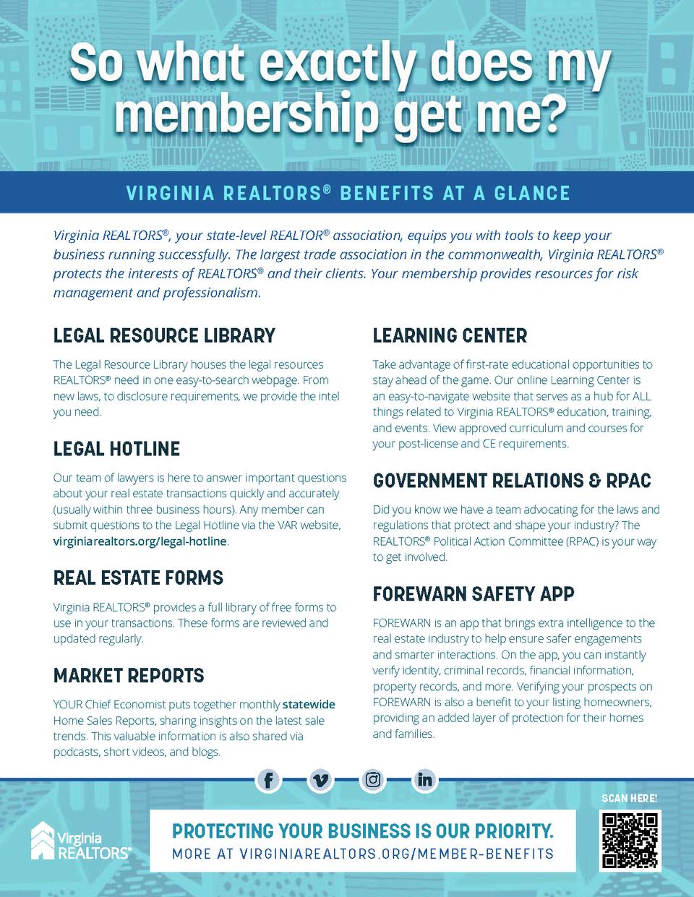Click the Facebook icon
(x=268, y=780)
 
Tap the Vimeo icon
(x=320, y=780)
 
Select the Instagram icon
(x=373, y=780)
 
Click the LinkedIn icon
(x=425, y=780)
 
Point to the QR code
(x=630, y=840)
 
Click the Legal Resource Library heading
(x=164, y=335)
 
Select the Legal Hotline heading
(x=116, y=449)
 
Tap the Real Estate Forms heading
(x=138, y=578)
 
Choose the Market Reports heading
(x=129, y=676)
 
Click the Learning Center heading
(x=450, y=335)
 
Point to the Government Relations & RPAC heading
(x=512, y=481)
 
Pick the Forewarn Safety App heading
(x=474, y=594)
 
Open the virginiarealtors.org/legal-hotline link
(x=140, y=541)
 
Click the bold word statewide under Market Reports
(x=309, y=705)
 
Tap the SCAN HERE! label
(x=629, y=799)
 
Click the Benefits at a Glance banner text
(x=348, y=193)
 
